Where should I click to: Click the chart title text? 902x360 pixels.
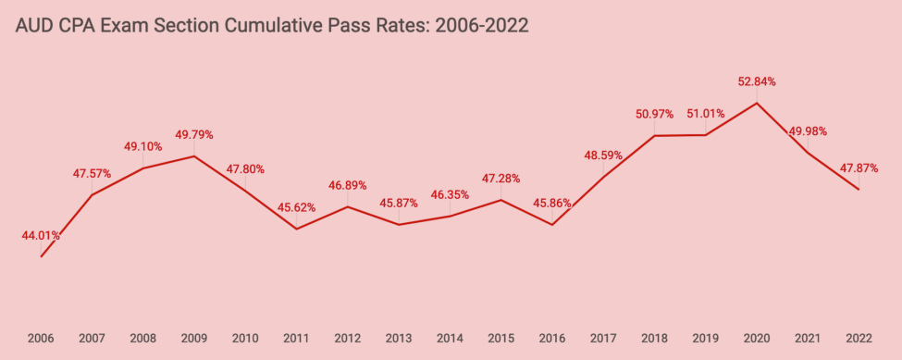[x=272, y=26]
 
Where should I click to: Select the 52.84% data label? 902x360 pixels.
[x=757, y=81]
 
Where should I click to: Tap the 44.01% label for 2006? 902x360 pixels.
[x=42, y=236]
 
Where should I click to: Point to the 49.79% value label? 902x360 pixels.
[x=193, y=134]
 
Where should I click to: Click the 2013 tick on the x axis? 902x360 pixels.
[x=399, y=339]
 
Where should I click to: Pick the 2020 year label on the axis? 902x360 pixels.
[x=757, y=339]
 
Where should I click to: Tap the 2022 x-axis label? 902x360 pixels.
[x=859, y=339]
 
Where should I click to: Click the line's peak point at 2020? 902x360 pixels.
[x=757, y=102]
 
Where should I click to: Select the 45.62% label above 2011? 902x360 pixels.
[x=296, y=207]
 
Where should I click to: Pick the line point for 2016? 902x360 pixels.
[x=552, y=225]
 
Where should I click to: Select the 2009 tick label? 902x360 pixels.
[x=193, y=339]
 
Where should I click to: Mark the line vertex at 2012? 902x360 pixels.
[x=348, y=206]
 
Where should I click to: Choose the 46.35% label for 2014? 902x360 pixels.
[x=450, y=195]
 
